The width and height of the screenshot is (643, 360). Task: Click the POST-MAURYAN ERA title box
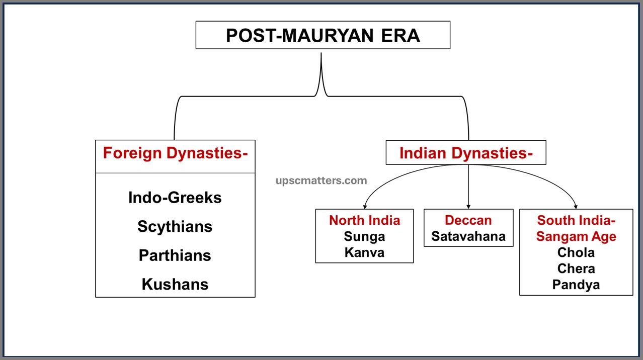pyautogui.click(x=323, y=35)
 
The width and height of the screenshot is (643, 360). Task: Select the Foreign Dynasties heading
pyautogui.click(x=175, y=153)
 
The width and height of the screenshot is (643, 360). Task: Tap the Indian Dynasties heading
pyautogui.click(x=466, y=153)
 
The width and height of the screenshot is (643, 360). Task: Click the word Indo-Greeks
pyautogui.click(x=175, y=198)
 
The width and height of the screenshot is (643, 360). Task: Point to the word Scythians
pyautogui.click(x=175, y=226)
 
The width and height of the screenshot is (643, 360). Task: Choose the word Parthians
pyautogui.click(x=175, y=255)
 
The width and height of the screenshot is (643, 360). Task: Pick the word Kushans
pyautogui.click(x=175, y=284)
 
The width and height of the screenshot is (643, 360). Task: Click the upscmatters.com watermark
pyautogui.click(x=321, y=181)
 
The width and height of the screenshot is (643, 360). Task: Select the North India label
pyautogui.click(x=364, y=220)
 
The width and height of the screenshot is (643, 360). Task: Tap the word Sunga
pyautogui.click(x=364, y=236)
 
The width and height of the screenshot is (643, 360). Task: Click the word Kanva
pyautogui.click(x=364, y=252)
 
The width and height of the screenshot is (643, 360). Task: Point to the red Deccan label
pyautogui.click(x=468, y=220)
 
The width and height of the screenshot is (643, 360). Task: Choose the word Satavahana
pyautogui.click(x=468, y=236)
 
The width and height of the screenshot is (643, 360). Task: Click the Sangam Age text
pyautogui.click(x=576, y=236)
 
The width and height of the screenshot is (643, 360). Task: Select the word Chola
pyautogui.click(x=576, y=252)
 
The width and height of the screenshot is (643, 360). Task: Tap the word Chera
pyautogui.click(x=576, y=268)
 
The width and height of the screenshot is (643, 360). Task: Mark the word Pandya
pyautogui.click(x=576, y=285)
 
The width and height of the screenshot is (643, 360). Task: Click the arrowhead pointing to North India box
pyautogui.click(x=364, y=206)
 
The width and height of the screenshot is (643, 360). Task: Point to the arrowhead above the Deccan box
pyautogui.click(x=468, y=206)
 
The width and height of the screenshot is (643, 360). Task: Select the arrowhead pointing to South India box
pyautogui.click(x=576, y=206)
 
